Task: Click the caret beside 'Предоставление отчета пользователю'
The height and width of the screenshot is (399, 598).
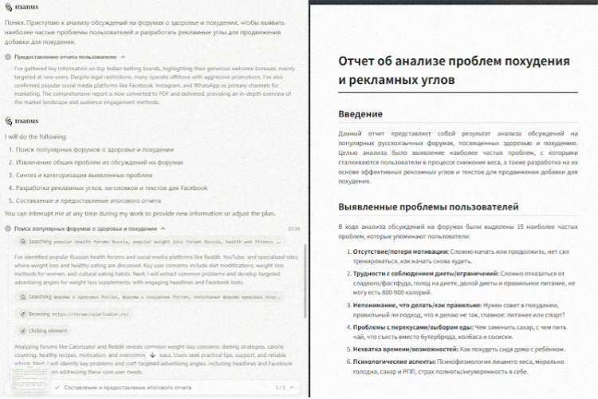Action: pos(124,57)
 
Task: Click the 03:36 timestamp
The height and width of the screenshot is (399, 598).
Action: pos(293,228)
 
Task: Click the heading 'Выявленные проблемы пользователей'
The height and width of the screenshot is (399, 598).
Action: pos(429,207)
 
